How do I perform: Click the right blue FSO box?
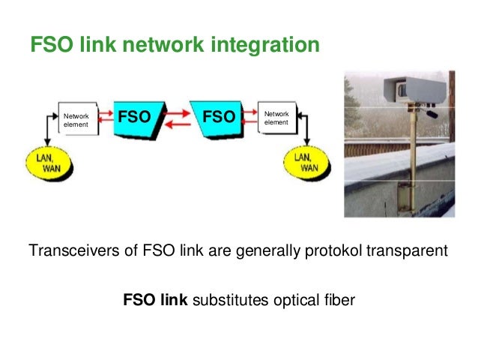pyautogui.click(x=217, y=120)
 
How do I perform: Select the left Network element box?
pyautogui.click(x=77, y=121)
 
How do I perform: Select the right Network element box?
pyautogui.click(x=277, y=118)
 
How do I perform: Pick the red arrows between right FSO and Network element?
pyautogui.click(x=249, y=118)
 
